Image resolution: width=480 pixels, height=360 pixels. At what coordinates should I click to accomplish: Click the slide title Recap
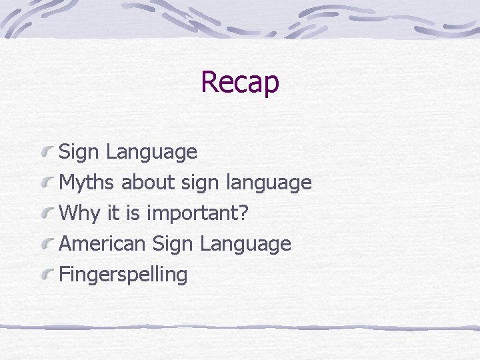pyautogui.click(x=239, y=82)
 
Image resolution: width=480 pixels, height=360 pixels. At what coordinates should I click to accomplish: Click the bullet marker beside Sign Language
pyautogui.click(x=47, y=153)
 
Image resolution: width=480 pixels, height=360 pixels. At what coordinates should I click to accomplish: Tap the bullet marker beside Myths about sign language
pyautogui.click(x=47, y=183)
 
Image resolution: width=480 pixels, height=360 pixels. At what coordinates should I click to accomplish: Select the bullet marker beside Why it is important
pyautogui.click(x=47, y=213)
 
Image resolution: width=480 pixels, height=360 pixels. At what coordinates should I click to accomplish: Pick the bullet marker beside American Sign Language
pyautogui.click(x=47, y=244)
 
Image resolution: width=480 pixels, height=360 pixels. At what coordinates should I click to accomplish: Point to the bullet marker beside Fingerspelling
pyautogui.click(x=47, y=275)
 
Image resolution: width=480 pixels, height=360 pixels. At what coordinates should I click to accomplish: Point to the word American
pyautogui.click(x=103, y=243)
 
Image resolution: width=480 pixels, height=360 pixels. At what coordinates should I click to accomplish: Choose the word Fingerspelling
pyautogui.click(x=123, y=275)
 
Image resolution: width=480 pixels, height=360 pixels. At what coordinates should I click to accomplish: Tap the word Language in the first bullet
pyautogui.click(x=151, y=152)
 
